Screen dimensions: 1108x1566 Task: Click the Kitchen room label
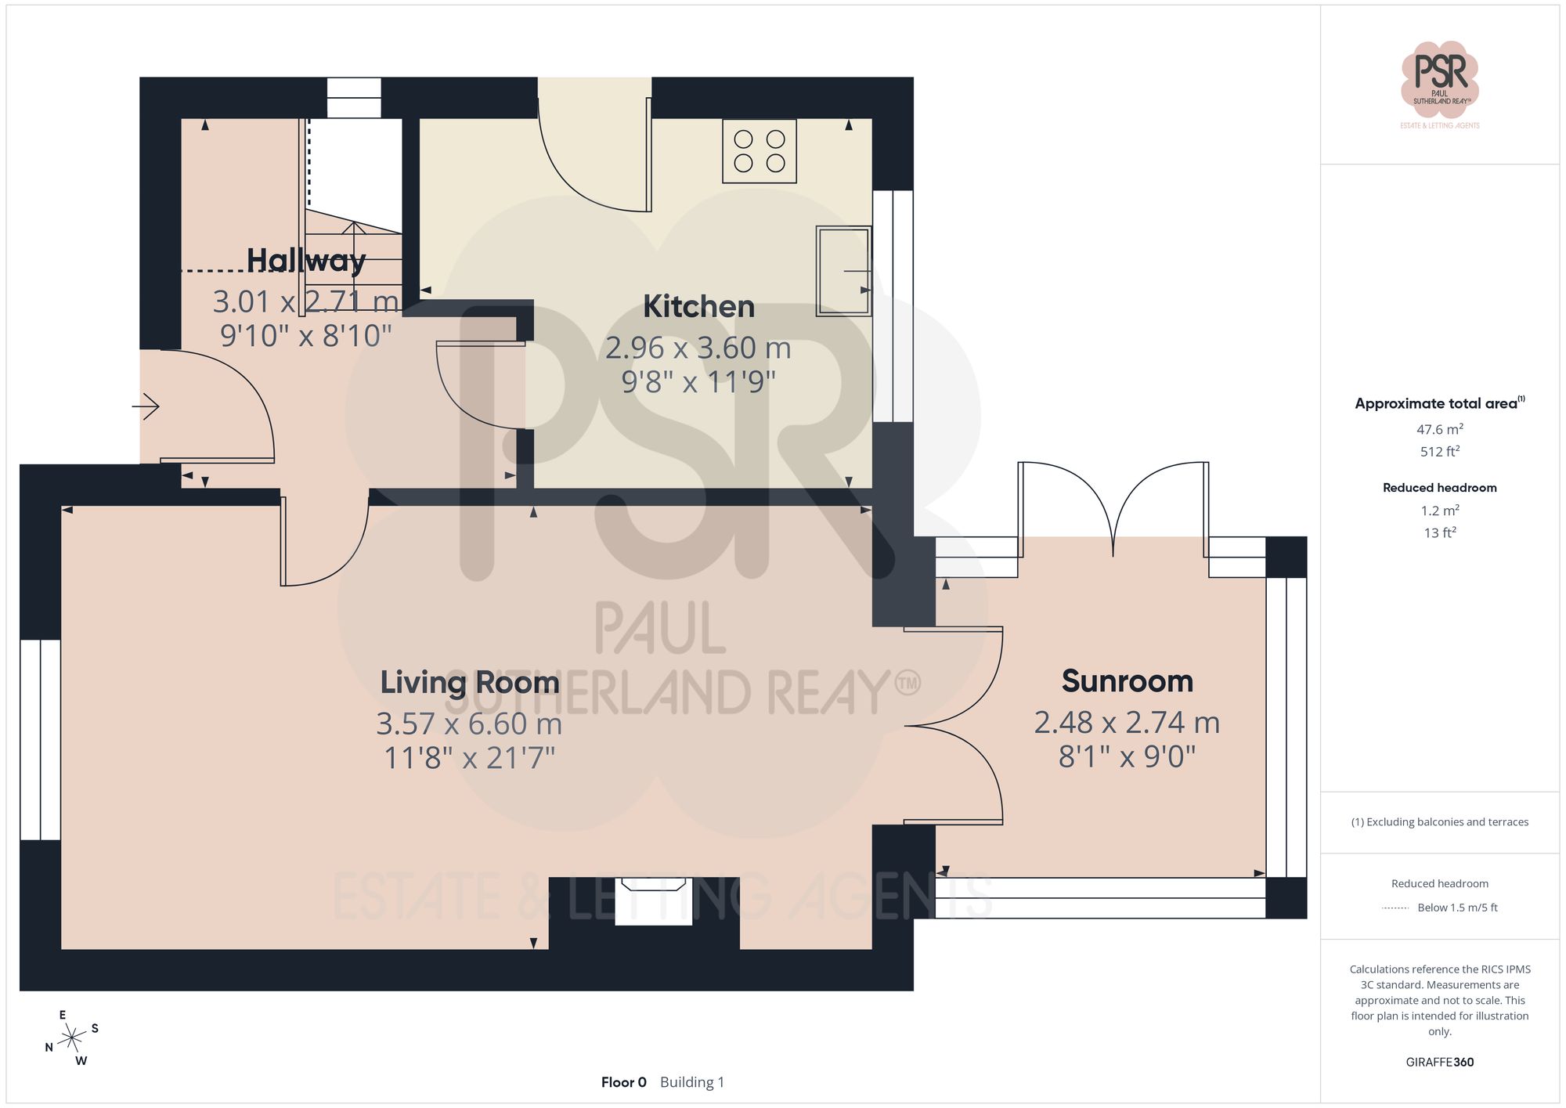tap(698, 306)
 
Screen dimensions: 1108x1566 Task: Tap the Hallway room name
tap(306, 260)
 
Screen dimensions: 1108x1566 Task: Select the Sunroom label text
tap(1127, 680)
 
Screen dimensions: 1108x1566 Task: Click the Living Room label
tap(469, 682)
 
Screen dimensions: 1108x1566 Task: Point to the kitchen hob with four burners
tap(759, 151)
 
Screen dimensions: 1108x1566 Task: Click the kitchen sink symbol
tap(843, 271)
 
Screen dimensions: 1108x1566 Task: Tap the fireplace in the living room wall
tap(653, 900)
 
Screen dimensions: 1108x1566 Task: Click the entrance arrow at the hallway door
tap(146, 406)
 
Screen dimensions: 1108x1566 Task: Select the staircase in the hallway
tap(354, 258)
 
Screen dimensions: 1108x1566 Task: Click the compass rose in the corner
tap(72, 1038)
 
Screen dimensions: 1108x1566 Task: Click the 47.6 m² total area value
tap(1439, 429)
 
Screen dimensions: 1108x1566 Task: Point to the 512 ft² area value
tap(1439, 452)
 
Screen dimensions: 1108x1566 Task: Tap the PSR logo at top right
tap(1439, 78)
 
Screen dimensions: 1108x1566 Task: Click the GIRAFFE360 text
tap(1439, 1062)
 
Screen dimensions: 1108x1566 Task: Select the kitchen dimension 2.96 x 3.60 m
tap(698, 348)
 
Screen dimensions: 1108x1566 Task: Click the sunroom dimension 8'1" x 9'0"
tap(1127, 756)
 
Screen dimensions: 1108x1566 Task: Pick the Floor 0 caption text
tap(623, 1082)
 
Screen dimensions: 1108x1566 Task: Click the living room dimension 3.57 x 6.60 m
tap(469, 724)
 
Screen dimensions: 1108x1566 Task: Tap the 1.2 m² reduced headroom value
tap(1439, 511)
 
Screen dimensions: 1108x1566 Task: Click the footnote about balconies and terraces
tap(1439, 822)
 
